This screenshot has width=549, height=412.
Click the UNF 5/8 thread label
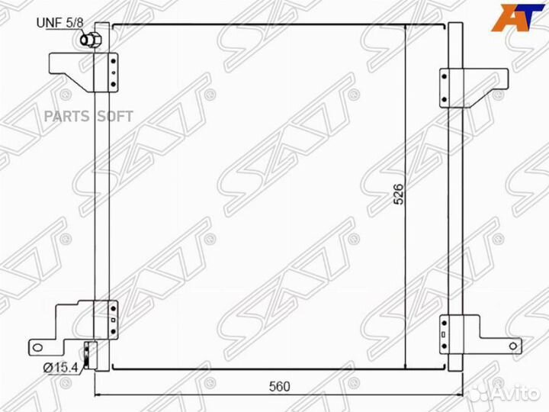60,23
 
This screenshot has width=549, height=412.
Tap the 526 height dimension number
399,194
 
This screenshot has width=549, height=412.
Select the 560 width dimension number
279,386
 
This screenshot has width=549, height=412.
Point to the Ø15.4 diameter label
60,368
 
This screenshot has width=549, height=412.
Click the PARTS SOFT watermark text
88,116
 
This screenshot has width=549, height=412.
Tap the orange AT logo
518,18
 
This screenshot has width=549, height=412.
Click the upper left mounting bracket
83,72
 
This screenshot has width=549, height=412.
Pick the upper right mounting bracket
474,88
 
